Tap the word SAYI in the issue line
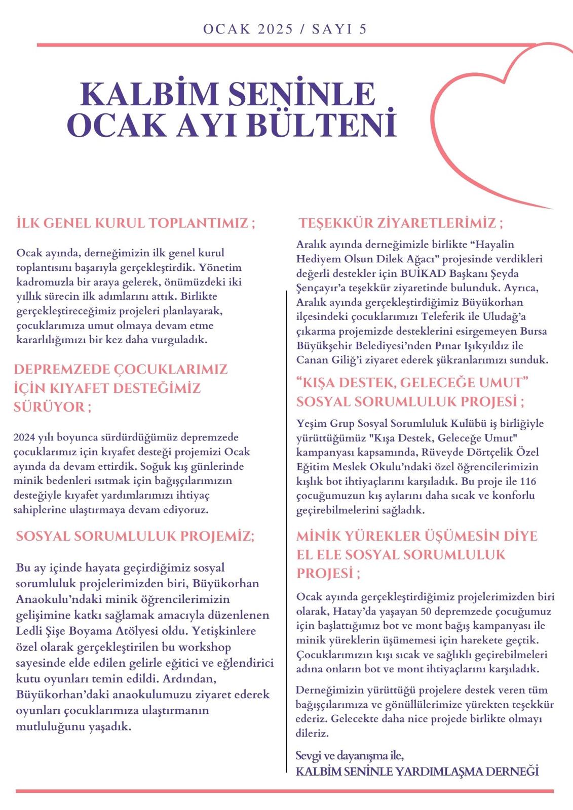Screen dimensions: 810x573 coord(332,29)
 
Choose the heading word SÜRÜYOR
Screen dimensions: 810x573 coord(49,407)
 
